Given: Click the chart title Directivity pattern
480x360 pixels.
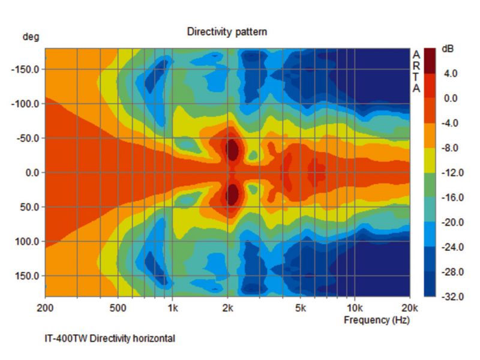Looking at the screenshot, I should click(x=227, y=31).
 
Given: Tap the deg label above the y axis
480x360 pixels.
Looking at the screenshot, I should click(x=31, y=37).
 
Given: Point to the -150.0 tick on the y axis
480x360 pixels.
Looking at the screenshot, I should click(x=25, y=70).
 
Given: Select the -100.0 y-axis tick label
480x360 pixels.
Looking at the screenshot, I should click(x=25, y=104).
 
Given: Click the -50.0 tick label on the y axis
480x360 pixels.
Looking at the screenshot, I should click(x=27, y=139).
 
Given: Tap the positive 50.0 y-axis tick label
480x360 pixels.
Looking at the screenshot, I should click(x=29, y=208).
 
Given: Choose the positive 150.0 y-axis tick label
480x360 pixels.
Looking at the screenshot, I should click(x=28, y=277).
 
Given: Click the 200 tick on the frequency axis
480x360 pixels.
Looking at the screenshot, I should click(x=46, y=308).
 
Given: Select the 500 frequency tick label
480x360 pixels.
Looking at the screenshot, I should click(x=118, y=308).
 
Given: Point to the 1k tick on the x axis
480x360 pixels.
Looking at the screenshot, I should click(x=172, y=308).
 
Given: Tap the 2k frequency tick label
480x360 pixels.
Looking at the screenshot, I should click(x=227, y=308).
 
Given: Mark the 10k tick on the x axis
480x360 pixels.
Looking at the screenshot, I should click(x=354, y=308).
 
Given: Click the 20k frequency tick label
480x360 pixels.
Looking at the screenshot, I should click(x=409, y=308).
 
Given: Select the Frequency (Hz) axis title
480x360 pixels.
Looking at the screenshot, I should click(x=376, y=320).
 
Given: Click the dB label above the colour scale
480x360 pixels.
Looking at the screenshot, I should click(x=448, y=49).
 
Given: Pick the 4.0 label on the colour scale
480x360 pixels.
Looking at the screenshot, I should click(x=451, y=74).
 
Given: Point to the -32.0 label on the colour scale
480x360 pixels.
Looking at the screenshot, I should click(x=449, y=297).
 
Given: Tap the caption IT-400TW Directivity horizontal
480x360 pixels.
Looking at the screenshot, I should click(x=110, y=338).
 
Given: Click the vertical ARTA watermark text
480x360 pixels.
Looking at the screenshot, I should click(x=416, y=71).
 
